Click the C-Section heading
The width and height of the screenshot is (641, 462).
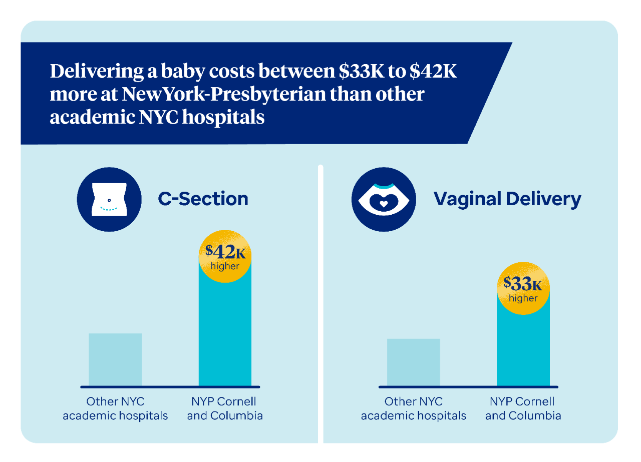(203, 199)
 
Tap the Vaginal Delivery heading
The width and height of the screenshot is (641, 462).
(507, 199)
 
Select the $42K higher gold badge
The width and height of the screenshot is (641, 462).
(225, 256)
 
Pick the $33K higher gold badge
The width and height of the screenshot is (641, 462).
(523, 289)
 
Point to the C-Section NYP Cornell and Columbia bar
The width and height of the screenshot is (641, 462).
(225, 335)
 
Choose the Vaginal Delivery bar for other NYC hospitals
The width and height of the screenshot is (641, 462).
(413, 362)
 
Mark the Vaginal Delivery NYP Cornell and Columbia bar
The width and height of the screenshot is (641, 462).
(523, 350)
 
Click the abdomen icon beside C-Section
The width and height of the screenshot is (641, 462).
(109, 200)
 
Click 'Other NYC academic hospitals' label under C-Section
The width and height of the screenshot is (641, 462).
(115, 408)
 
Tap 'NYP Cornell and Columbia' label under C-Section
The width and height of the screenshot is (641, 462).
(225, 408)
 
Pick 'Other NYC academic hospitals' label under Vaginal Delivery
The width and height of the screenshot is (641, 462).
(413, 408)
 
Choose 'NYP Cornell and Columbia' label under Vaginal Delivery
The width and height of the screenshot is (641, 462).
(523, 408)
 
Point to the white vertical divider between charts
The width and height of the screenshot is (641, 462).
(320, 300)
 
